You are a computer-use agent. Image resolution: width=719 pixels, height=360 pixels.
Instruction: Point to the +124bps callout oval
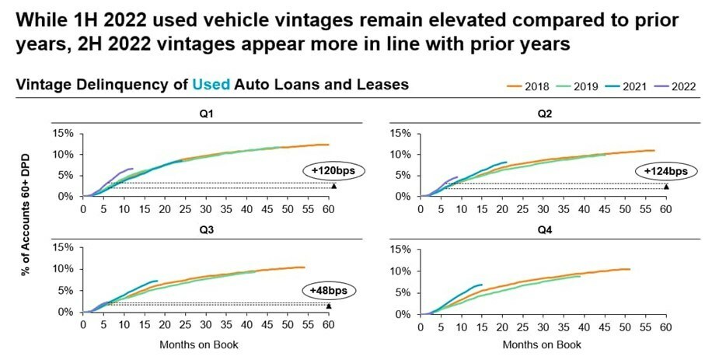click(x=666, y=170)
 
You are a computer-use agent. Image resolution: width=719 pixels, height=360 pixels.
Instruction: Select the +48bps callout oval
click(x=327, y=291)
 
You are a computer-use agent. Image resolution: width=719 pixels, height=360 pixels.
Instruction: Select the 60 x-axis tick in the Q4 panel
click(x=665, y=327)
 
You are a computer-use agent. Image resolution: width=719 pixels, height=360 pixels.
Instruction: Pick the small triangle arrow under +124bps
click(x=666, y=187)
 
